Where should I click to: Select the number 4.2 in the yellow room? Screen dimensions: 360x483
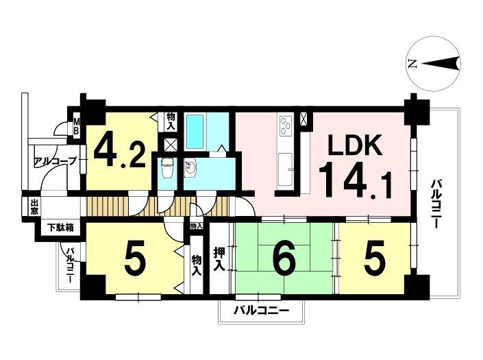point(119,152)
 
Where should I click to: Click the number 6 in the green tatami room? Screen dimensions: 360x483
point(284,260)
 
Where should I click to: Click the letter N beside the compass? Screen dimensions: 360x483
point(412,64)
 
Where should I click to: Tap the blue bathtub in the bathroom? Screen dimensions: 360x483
point(196,132)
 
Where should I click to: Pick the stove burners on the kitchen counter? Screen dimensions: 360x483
point(285,125)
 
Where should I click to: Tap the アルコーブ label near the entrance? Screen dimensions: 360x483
point(56,163)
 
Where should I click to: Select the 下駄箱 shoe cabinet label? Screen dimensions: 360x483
point(60,228)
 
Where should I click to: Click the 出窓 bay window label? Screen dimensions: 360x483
point(34,207)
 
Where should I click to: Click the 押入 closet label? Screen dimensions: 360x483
point(220,259)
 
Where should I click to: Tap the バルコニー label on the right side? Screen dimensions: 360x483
point(436,204)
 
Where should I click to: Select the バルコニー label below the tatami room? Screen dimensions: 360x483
point(260,311)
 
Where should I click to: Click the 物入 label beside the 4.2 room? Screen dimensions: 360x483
point(171,122)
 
